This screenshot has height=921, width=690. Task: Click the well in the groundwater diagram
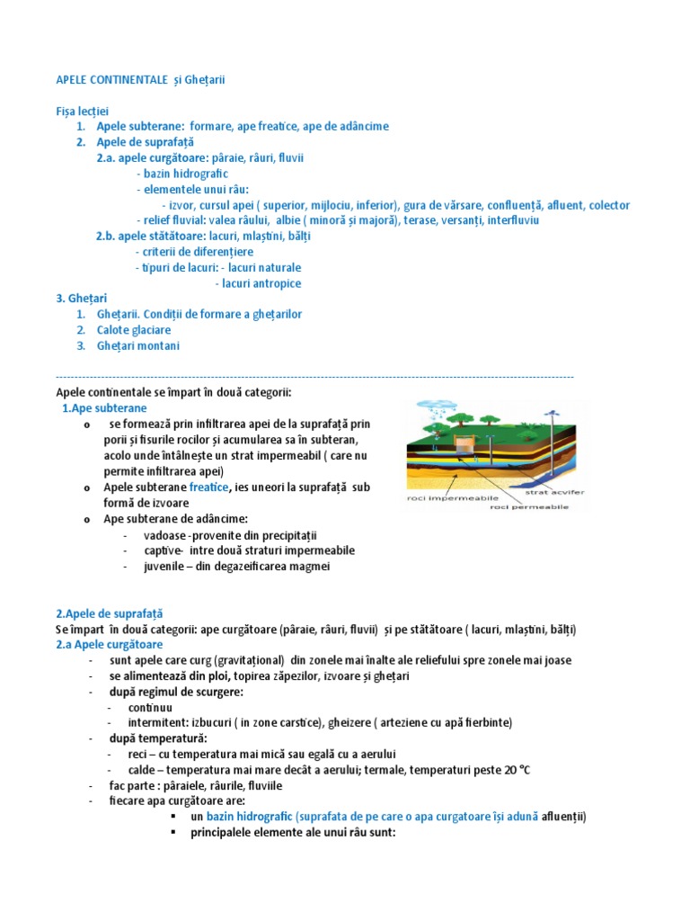tap(464, 444)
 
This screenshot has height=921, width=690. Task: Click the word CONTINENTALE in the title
tap(136, 80)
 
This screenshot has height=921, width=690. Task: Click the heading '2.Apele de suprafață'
tap(110, 613)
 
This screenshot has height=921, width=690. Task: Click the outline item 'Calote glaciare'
tap(134, 330)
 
